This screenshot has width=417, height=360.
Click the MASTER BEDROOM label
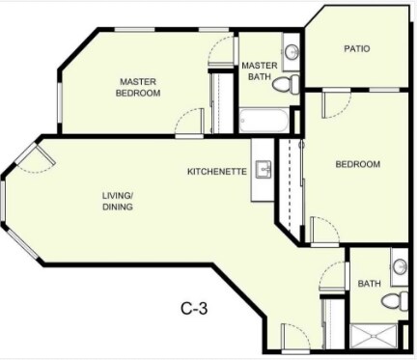[138, 87]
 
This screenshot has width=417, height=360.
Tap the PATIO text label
[357, 48]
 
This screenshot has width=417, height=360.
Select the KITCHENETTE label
[217, 172]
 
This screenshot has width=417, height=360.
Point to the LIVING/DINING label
[118, 201]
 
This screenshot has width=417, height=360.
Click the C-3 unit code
[196, 309]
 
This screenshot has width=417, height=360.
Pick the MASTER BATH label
[260, 71]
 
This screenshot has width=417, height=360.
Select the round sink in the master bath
[292, 50]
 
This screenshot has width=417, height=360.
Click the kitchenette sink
[264, 170]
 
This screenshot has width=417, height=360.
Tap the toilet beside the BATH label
[392, 300]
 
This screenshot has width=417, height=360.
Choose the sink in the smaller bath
[400, 264]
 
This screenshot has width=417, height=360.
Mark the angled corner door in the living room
[36, 158]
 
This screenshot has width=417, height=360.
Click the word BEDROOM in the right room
[357, 164]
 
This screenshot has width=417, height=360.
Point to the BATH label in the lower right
[369, 284]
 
